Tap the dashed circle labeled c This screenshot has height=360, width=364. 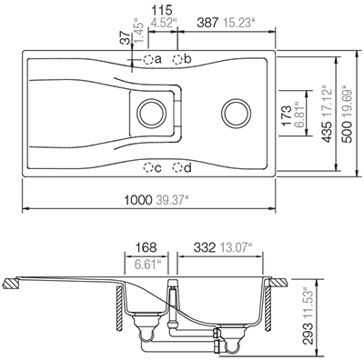tap(148, 167)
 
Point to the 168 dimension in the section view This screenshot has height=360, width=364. tap(146, 247)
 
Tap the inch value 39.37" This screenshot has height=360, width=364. tap(174, 199)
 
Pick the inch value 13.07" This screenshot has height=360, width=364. tap(241, 247)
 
